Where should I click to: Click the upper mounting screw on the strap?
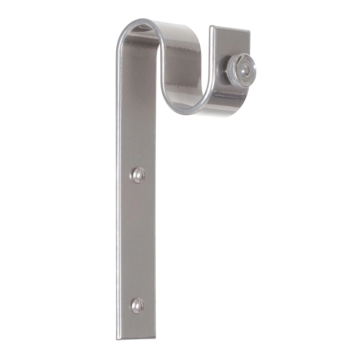click(139, 175)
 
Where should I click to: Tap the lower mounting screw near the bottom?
click(138, 306)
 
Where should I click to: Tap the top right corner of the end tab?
click(250, 31)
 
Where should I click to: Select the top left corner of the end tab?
click(211, 27)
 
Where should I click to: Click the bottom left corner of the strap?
click(117, 339)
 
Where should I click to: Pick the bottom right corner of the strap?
click(155, 337)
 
